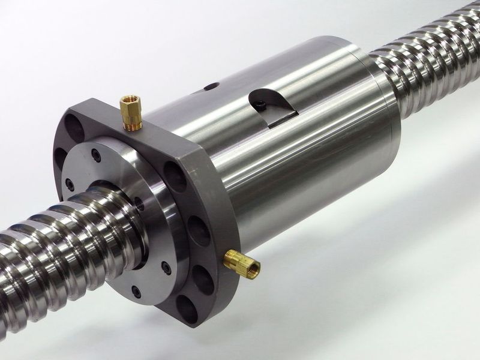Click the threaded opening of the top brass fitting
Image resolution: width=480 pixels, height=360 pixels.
point(128,98)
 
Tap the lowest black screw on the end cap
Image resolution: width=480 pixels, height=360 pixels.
point(136,292)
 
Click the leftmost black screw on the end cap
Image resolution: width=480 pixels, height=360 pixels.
point(70,184)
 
